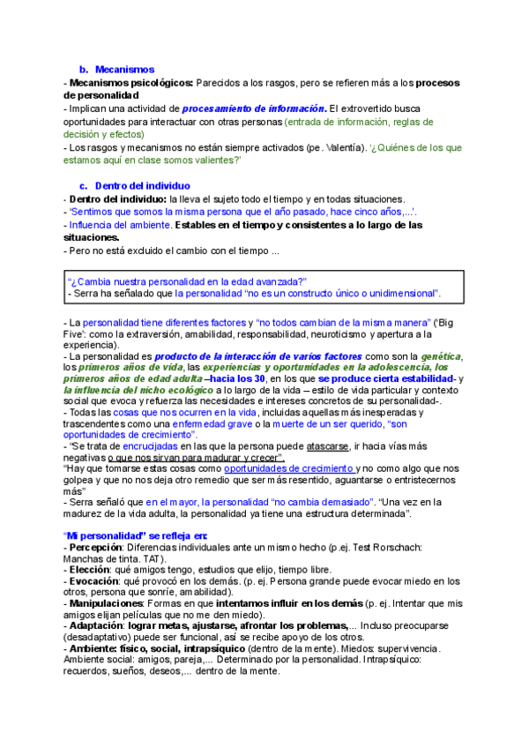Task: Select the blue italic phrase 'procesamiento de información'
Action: [x=254, y=108]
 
